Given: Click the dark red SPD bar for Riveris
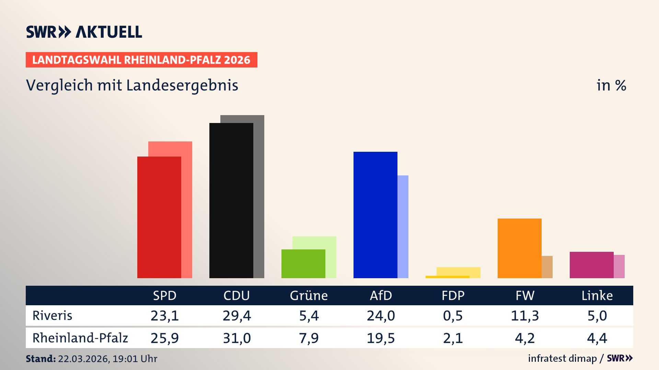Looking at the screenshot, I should (x=159, y=217).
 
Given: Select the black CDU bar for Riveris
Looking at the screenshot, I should (x=231, y=200).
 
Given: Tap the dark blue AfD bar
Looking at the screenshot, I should (x=375, y=215).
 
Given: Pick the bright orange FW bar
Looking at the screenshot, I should (x=519, y=248).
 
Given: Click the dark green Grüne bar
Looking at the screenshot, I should (x=303, y=263).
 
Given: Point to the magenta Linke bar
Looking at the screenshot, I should (x=591, y=265).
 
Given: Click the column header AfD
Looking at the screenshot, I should (x=381, y=295).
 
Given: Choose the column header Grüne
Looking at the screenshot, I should (x=309, y=295).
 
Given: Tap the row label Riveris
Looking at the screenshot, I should (x=52, y=316).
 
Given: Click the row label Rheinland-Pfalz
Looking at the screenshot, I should (x=80, y=338).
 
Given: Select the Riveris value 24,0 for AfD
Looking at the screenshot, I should (x=381, y=316).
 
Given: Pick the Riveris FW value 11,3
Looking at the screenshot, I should (x=525, y=316).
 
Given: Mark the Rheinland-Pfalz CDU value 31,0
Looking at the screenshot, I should (x=236, y=338).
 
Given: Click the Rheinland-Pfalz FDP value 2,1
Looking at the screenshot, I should (x=453, y=338).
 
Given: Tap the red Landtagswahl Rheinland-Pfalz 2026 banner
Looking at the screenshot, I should (x=141, y=60).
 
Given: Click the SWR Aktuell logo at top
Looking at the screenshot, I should (x=84, y=32).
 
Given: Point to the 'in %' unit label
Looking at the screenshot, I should (x=611, y=86).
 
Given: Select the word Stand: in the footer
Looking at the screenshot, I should (x=41, y=359).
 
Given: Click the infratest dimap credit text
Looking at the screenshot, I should (x=562, y=358).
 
